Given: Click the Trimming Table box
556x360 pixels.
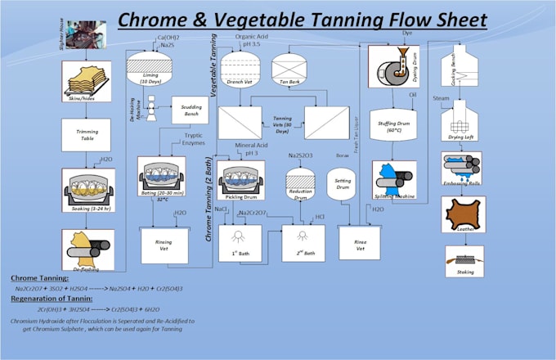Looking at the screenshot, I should (86, 135).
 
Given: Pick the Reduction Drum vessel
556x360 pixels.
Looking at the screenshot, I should (302, 182).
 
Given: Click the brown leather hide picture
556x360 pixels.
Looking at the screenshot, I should (464, 214).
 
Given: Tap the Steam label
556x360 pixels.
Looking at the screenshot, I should (442, 99).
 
